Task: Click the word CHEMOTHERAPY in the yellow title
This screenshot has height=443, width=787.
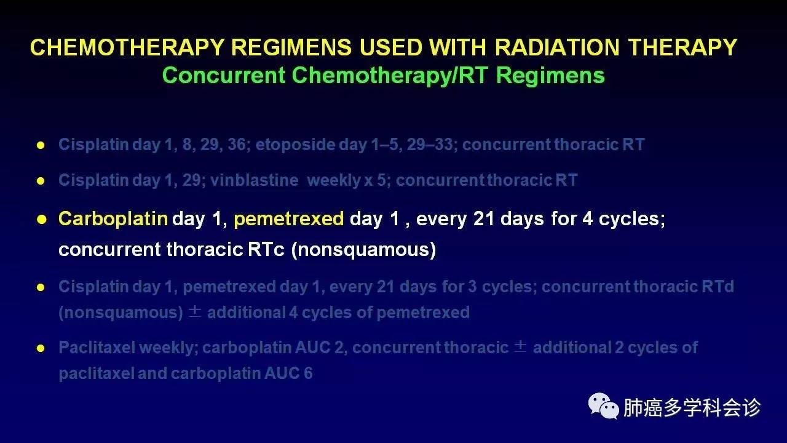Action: point(127,47)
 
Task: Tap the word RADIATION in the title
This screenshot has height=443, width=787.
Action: point(557,47)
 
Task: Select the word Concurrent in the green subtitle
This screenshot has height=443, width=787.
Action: point(224,75)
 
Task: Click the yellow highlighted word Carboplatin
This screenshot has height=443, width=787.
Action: point(113,218)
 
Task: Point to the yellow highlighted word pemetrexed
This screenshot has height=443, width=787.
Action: point(289,219)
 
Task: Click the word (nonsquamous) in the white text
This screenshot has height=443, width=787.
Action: point(363,249)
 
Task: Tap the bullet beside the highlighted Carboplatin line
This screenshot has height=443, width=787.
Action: point(41,220)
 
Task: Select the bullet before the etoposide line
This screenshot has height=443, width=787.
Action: point(41,145)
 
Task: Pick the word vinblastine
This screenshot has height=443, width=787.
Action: point(255,180)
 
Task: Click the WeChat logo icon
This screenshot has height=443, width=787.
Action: point(604,405)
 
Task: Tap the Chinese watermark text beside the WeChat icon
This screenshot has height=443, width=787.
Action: point(692,407)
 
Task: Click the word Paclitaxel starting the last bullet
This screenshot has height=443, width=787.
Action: point(97,348)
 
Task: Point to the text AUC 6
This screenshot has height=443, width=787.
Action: point(288,373)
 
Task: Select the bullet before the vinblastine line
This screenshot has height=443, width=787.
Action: point(41,181)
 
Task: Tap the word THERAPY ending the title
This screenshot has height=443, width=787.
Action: point(682,47)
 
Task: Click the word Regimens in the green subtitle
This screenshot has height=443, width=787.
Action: point(550,75)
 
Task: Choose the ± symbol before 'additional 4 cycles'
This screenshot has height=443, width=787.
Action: point(195,312)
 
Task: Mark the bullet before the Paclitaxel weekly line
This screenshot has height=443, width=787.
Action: point(41,348)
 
